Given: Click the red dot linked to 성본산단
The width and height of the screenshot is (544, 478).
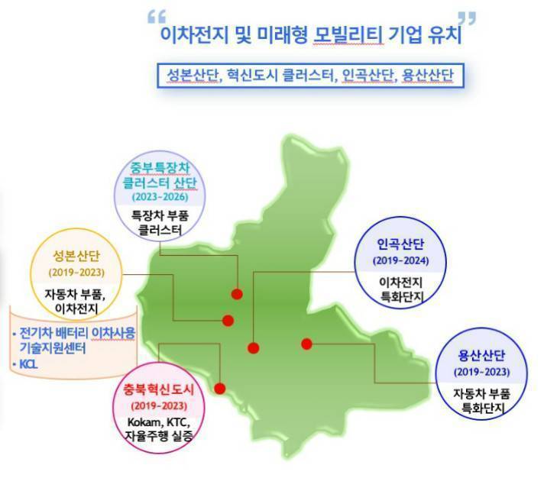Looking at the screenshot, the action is (x=228, y=321).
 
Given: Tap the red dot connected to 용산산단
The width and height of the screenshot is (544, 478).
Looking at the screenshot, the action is (x=306, y=344).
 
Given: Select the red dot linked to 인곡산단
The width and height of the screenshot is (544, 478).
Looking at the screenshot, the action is (x=253, y=348).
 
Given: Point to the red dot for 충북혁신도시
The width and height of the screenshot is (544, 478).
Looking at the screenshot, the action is (x=220, y=389).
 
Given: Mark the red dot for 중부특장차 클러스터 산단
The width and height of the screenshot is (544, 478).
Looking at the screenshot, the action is (x=237, y=294).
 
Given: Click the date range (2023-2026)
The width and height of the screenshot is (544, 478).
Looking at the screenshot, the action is (x=160, y=197).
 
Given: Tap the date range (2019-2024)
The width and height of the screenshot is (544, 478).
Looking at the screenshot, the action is (x=400, y=260).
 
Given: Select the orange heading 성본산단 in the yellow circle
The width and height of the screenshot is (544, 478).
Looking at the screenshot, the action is (x=76, y=256).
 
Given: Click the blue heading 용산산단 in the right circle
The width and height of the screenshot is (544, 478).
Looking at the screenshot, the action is (x=481, y=356).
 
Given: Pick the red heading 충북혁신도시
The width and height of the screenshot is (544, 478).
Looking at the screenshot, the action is (x=159, y=389).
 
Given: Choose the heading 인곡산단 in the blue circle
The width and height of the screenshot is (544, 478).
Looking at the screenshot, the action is (x=400, y=244).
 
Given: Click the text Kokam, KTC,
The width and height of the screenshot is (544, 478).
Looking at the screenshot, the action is (x=159, y=422).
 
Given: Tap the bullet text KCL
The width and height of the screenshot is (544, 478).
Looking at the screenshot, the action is (x=28, y=364).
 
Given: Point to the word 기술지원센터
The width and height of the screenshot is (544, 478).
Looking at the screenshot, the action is (x=53, y=347).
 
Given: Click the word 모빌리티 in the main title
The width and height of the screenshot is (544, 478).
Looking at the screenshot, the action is (x=348, y=34).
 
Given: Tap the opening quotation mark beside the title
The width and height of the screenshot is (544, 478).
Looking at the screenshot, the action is (x=157, y=17).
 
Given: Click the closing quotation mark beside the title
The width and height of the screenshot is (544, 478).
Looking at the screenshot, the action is (x=467, y=18).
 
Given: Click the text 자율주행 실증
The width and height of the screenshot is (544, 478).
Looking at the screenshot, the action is (x=159, y=436).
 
